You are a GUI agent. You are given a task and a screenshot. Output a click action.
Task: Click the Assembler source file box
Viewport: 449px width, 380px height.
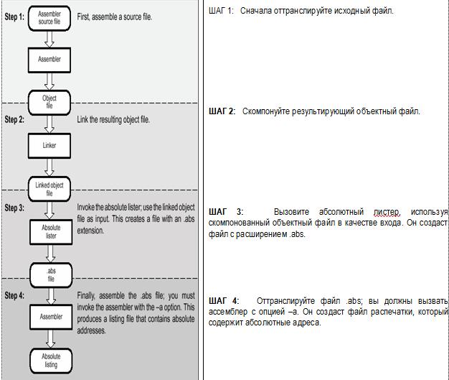[49, 17]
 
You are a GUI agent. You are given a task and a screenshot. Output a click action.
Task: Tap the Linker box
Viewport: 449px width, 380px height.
[49, 145]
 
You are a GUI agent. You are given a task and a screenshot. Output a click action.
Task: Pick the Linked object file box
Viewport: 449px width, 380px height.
[49, 189]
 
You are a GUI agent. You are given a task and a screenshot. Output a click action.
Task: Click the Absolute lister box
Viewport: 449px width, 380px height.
[49, 231]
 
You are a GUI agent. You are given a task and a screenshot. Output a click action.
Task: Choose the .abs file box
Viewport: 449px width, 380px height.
[50, 274]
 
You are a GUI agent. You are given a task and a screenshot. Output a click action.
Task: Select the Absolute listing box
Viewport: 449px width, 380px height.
[50, 360]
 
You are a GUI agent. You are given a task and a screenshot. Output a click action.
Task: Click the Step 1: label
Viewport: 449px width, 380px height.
[14, 16]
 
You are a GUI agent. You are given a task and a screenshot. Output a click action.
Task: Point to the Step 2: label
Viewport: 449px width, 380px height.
[14, 119]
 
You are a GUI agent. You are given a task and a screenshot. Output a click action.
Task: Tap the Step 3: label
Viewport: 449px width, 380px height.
[14, 208]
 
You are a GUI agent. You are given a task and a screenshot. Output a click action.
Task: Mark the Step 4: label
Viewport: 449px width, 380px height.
[14, 295]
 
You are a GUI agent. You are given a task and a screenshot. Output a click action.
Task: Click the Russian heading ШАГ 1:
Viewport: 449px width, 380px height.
[221, 11]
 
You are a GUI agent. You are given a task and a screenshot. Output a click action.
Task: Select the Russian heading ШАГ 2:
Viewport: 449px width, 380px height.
[222, 111]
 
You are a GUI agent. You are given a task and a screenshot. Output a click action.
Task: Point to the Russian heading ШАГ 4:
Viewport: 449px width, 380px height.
[224, 300]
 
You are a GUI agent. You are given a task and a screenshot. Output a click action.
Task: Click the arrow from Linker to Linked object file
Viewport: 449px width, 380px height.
[49, 166]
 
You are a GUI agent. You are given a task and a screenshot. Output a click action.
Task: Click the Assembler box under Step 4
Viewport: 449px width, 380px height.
[49, 316]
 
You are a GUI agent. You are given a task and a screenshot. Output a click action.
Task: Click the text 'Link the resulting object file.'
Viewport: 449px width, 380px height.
[113, 119]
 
